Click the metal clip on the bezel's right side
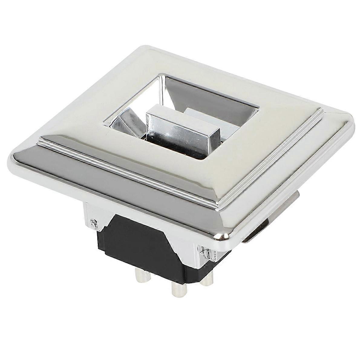[257, 230]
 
